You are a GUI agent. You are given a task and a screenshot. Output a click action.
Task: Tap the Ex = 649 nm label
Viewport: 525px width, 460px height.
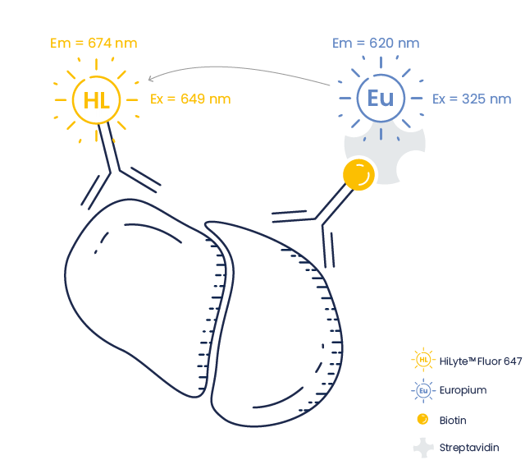190,99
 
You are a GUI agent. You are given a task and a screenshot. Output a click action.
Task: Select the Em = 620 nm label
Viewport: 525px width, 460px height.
376,44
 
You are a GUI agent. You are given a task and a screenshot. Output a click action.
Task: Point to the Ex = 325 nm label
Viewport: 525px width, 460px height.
472,99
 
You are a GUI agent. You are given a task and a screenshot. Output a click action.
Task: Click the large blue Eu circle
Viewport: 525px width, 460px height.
381,99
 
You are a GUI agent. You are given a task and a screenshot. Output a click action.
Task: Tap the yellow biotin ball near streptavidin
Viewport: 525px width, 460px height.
358,175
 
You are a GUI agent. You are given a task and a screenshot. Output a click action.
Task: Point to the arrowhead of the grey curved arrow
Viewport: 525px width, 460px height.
151,80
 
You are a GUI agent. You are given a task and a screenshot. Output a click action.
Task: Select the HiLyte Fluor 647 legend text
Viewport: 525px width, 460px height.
481,361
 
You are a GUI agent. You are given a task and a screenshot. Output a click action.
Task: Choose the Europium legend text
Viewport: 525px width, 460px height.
463,390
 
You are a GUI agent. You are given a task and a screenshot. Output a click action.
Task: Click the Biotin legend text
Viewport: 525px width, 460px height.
453,420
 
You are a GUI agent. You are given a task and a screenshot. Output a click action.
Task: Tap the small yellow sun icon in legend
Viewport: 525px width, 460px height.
422,360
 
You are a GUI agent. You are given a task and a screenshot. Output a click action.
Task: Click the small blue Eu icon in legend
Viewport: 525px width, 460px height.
422,390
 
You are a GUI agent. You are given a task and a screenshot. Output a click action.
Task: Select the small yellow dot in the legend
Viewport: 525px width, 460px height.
422,419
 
